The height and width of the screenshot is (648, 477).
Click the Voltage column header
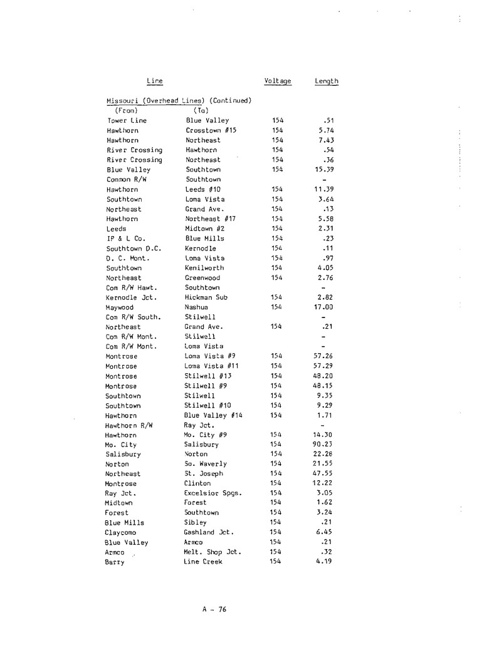[x=278, y=81]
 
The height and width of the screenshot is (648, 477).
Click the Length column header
[x=326, y=81]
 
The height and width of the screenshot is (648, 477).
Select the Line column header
[x=154, y=81]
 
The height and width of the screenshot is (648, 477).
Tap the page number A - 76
[x=214, y=611]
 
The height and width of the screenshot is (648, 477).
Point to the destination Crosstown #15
[x=211, y=130]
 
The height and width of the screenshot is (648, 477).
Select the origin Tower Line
[x=127, y=120]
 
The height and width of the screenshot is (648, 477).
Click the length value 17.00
[x=323, y=307]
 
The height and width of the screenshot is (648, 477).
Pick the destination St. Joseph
[x=205, y=473]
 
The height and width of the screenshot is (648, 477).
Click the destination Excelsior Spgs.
[x=213, y=493]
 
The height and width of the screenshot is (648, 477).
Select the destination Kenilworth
[x=206, y=268]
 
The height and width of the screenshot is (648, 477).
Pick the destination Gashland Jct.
[x=208, y=532]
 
